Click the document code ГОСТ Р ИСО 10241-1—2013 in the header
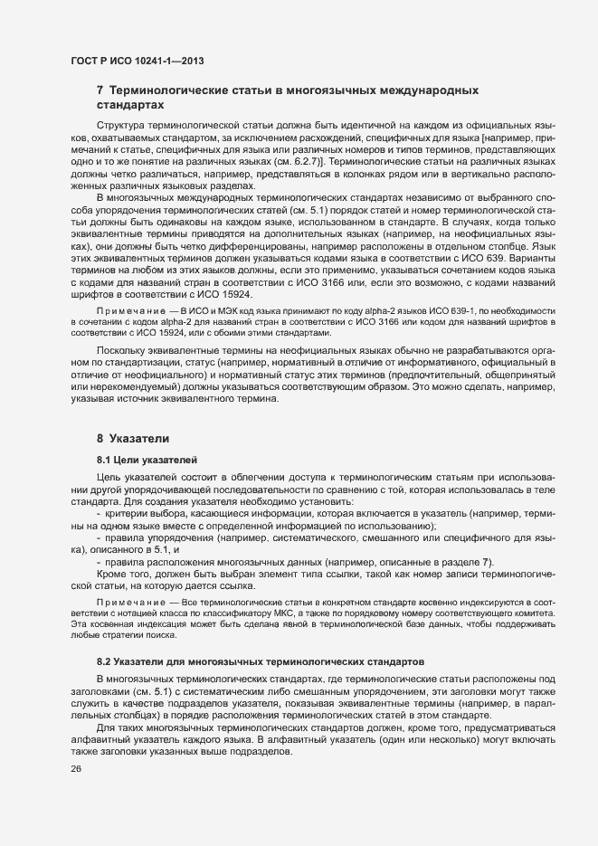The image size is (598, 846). (137, 61)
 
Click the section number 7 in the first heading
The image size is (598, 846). (100, 91)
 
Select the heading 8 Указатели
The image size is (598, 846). (133, 438)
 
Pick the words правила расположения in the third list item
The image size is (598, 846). (164, 561)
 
